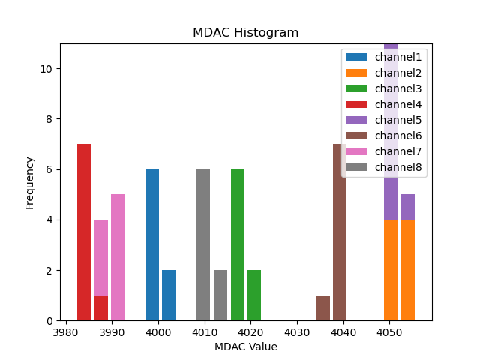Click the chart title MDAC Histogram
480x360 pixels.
pyautogui.click(x=245, y=33)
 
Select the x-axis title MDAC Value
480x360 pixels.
pyautogui.click(x=245, y=346)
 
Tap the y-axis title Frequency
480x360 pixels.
pyautogui.click(x=30, y=182)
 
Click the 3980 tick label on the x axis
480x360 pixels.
pyautogui.click(x=66, y=331)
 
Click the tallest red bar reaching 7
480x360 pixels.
pyautogui.click(x=84, y=232)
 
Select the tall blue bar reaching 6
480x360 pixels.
pyautogui.click(x=152, y=245)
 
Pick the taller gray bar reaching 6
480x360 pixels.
pyautogui.click(x=203, y=245)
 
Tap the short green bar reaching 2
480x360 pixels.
pyautogui.click(x=254, y=295)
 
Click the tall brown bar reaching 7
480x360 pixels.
pyautogui.click(x=340, y=232)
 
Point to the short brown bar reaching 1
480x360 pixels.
pyautogui.click(x=322, y=308)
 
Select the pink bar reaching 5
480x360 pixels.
pyautogui.click(x=118, y=257)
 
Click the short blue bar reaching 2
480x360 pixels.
pyautogui.click(x=169, y=295)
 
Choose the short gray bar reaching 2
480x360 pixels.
pyautogui.click(x=220, y=295)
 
